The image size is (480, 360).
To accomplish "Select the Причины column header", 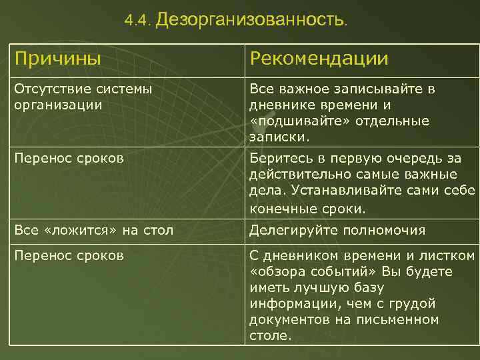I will pos(57,59).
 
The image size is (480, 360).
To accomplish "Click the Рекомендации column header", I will pos(319,59).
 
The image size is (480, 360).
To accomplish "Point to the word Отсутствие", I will pos(45,89).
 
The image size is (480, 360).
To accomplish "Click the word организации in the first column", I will pos(57,105).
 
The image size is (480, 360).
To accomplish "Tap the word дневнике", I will pos(283,105).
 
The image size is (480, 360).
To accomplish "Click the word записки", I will pos(279,137).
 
